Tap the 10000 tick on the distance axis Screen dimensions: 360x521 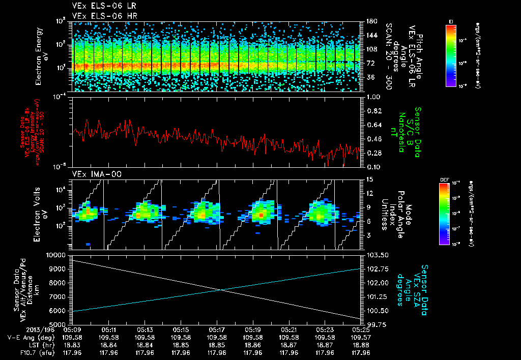(x=57, y=254)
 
